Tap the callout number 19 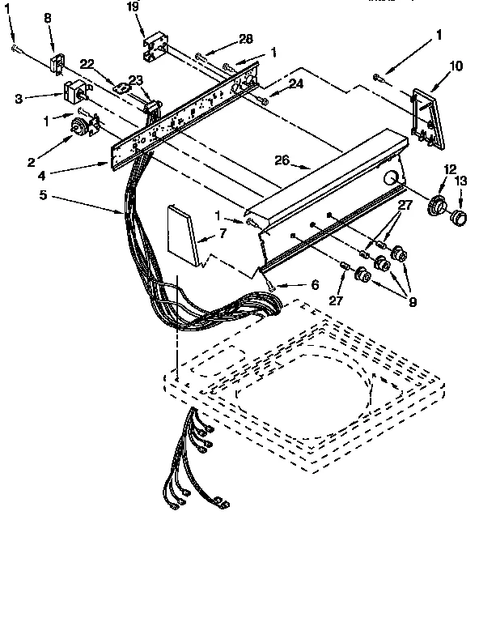[133, 8]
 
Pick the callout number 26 [281, 160]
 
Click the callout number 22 [88, 64]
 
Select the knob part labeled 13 [459, 217]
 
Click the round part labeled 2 [82, 126]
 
